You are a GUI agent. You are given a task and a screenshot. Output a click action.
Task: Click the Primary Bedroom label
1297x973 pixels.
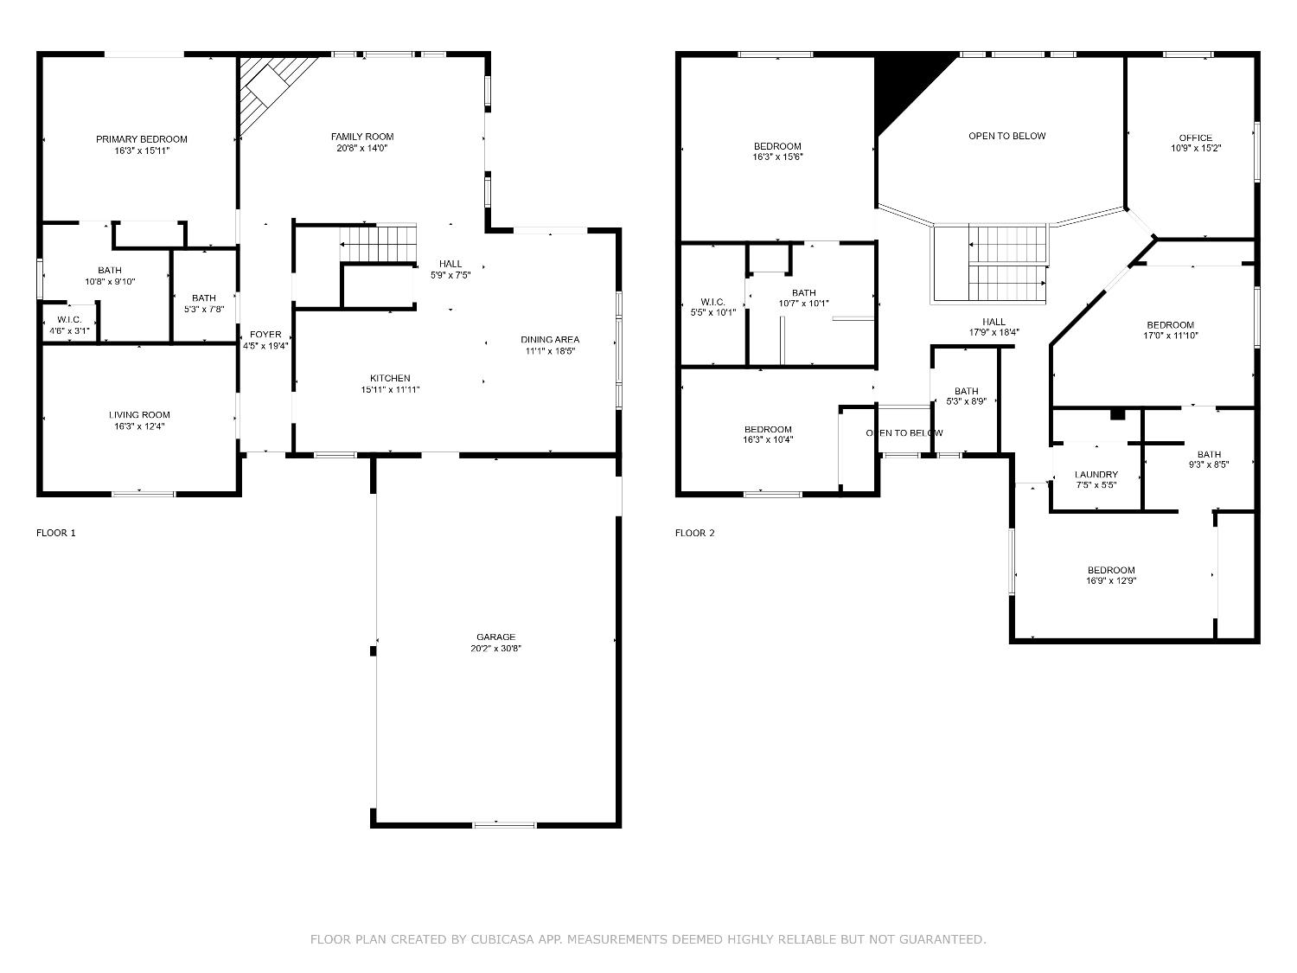(x=142, y=139)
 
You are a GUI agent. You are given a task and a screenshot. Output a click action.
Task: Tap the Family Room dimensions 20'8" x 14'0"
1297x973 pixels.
(x=361, y=148)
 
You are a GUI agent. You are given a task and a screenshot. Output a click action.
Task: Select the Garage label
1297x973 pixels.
(x=495, y=637)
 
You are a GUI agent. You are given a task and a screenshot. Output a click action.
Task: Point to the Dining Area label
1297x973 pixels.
(x=550, y=340)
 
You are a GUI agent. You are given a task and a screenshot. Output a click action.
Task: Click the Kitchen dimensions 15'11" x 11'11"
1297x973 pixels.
(x=390, y=390)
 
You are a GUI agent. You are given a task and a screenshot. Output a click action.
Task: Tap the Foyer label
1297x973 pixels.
(x=265, y=335)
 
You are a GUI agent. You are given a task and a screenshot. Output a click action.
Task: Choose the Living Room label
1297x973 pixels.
(x=139, y=415)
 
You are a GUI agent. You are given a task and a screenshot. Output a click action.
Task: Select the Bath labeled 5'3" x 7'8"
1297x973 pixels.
(x=204, y=298)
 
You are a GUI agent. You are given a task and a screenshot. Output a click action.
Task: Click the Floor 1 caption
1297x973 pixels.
(x=56, y=533)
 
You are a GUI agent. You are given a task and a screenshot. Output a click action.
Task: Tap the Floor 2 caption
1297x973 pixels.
(x=695, y=533)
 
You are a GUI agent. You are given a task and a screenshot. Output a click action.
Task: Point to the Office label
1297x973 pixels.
(x=1195, y=138)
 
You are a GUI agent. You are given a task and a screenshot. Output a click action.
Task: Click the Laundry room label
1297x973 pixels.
(x=1096, y=474)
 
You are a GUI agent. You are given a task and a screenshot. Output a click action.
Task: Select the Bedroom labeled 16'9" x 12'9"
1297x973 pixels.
(x=1111, y=570)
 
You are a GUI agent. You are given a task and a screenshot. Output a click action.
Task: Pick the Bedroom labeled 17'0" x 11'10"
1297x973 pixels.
(x=1170, y=325)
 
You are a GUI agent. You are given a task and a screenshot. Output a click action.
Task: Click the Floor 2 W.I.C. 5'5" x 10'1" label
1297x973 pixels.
(x=712, y=303)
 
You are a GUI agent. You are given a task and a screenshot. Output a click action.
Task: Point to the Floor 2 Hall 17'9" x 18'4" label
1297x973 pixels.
(x=994, y=322)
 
